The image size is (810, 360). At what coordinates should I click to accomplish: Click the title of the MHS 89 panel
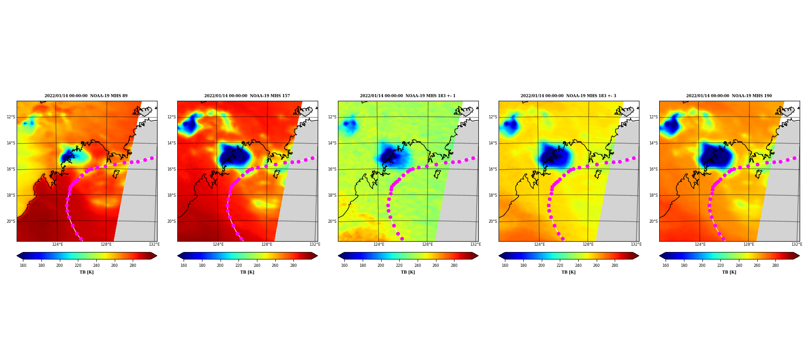86,96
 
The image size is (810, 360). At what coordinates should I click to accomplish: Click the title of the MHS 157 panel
247,96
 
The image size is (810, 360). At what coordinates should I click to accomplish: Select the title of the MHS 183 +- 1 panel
408,96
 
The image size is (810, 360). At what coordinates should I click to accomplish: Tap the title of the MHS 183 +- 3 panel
568,96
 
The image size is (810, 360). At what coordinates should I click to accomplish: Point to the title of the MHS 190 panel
729,96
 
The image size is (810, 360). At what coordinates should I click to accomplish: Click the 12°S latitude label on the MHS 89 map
11,117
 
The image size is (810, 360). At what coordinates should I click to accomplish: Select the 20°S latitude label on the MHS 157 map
171,221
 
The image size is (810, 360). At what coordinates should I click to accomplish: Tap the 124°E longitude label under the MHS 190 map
700,244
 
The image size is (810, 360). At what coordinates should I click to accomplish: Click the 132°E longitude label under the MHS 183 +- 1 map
476,244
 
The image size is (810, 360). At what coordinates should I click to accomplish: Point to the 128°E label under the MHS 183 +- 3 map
588,244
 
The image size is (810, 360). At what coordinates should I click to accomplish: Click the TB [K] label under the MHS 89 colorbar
87,272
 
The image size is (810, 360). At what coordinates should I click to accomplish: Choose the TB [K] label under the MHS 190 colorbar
729,272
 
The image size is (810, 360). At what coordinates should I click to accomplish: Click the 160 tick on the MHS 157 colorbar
184,265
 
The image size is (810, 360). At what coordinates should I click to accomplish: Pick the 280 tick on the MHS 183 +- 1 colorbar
454,265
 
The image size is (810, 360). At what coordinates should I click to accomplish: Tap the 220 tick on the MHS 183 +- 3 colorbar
560,265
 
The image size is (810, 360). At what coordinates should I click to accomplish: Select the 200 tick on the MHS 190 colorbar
702,265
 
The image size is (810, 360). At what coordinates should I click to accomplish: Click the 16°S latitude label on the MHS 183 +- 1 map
332,169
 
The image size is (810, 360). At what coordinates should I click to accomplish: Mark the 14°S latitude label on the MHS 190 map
653,143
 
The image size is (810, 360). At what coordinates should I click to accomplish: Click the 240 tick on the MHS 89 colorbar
96,265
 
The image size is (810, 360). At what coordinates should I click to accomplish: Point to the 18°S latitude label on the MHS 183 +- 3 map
493,195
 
